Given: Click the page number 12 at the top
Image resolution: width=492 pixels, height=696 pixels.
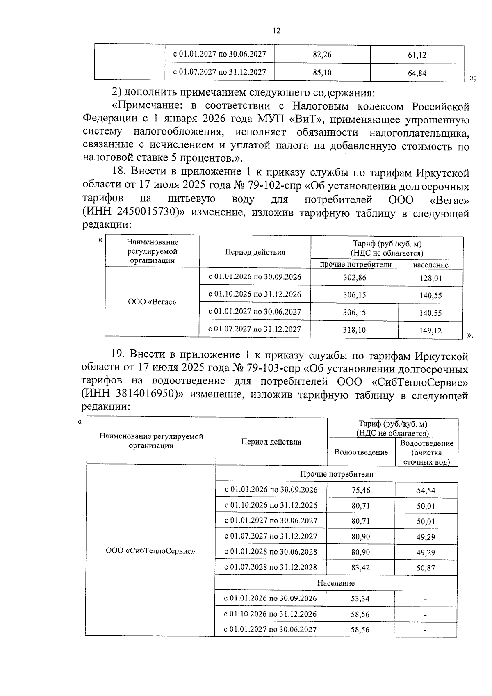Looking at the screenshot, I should (276, 31).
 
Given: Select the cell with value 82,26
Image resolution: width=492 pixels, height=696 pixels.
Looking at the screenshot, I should (322, 55).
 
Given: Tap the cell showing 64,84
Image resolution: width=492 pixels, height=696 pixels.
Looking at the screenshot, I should (417, 73).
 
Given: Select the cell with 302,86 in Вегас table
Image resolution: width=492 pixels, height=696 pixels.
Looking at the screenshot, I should (354, 277).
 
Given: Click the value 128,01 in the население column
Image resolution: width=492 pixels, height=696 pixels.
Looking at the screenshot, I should (430, 278).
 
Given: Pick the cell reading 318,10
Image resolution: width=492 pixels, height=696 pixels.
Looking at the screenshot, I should (354, 329).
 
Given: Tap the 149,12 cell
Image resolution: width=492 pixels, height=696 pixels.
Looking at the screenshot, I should (430, 330).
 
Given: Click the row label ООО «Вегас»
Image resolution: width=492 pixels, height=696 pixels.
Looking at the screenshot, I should (152, 302).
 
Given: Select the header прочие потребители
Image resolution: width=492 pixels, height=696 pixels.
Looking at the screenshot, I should (355, 265).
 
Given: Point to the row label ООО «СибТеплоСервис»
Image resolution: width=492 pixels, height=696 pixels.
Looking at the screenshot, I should (150, 551).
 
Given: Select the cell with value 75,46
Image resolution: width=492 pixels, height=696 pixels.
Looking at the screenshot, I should (360, 490).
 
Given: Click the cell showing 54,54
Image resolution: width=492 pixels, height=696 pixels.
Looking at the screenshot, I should (426, 491).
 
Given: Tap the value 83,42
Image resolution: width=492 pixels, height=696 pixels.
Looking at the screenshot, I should (360, 567).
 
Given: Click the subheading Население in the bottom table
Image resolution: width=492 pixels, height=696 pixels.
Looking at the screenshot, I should (336, 583).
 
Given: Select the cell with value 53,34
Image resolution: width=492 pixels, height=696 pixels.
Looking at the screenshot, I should (360, 598).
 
